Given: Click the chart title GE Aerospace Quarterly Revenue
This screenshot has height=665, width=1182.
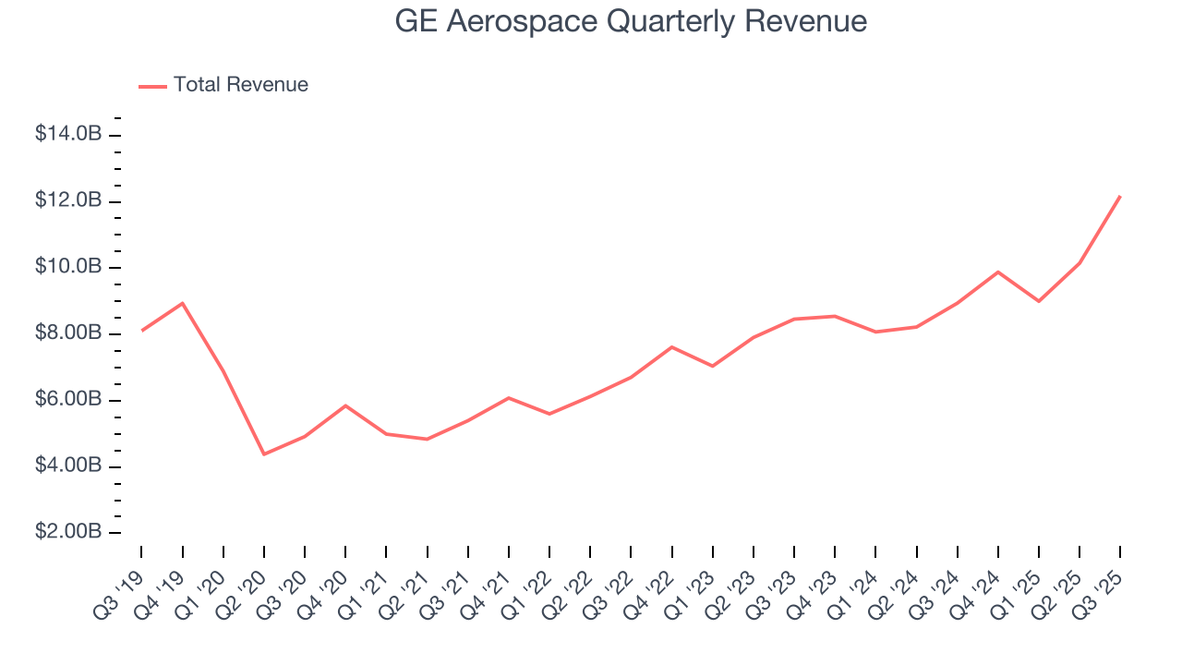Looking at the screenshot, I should (x=631, y=21).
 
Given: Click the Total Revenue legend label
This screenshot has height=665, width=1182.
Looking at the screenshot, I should (x=240, y=85).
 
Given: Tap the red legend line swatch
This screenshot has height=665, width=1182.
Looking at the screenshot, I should (x=152, y=86).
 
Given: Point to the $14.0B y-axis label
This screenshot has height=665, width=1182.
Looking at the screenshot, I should (x=67, y=134).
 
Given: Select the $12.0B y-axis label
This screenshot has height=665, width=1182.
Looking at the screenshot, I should (x=67, y=200).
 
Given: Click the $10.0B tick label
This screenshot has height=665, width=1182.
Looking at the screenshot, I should (x=67, y=267).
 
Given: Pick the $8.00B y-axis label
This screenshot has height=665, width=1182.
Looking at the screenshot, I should (x=67, y=332).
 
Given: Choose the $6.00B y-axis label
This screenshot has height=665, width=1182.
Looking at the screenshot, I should (x=67, y=400).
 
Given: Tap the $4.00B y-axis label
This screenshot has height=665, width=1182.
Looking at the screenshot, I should (x=67, y=465).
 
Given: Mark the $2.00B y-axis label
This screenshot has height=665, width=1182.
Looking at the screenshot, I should (x=67, y=532).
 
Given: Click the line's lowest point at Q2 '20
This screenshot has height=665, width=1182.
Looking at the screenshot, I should (x=264, y=454).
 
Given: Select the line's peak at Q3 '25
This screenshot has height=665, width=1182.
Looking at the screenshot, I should (x=1120, y=196).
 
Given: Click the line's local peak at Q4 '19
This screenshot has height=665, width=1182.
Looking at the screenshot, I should (x=182, y=303).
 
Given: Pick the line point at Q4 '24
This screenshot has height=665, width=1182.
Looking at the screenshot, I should (x=998, y=272).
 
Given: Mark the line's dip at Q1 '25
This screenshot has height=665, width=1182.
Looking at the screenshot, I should (x=1039, y=301).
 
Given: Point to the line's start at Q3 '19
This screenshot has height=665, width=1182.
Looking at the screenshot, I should (x=141, y=331).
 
